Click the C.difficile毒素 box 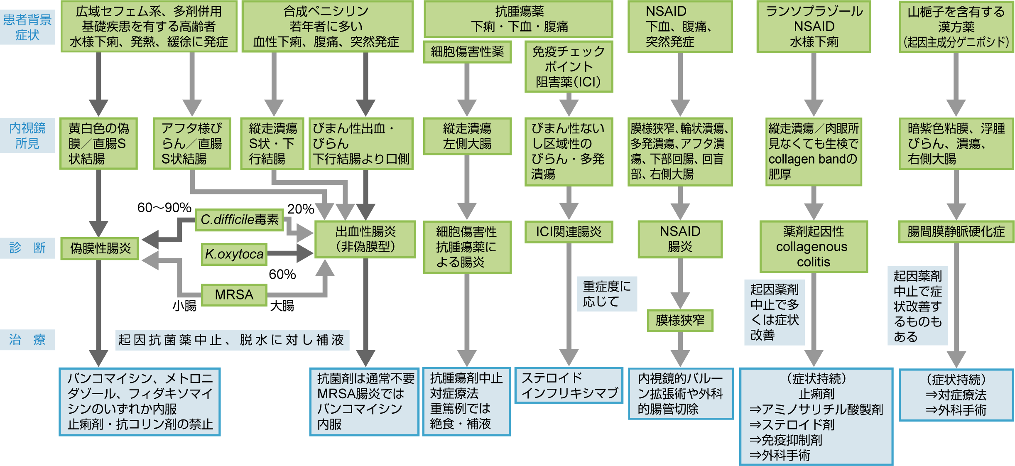(239, 220)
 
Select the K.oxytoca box (234, 254)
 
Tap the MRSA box (234, 294)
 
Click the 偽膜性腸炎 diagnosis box (100, 248)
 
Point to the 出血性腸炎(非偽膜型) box (365, 239)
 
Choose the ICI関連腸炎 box (569, 232)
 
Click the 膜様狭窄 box (680, 320)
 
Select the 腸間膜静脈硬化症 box (956, 231)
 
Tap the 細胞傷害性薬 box (467, 52)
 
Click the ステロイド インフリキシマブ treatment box (569, 385)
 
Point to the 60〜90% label (164, 207)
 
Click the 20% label (300, 209)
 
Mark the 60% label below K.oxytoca (282, 274)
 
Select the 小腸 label (184, 306)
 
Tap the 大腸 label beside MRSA (282, 306)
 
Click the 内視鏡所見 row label (27, 135)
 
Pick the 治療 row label (27, 340)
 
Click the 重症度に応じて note (607, 294)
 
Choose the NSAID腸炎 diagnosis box (680, 239)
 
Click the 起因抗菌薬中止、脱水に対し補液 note (232, 340)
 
